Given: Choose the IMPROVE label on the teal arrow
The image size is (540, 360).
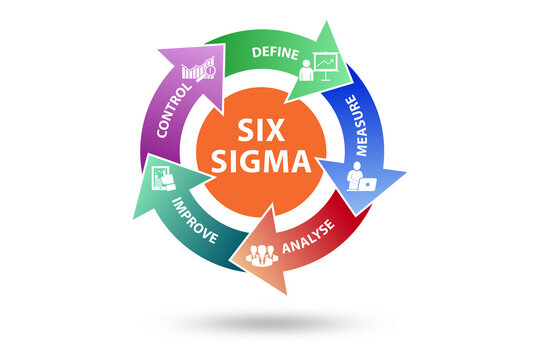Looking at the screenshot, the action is tap(195, 216).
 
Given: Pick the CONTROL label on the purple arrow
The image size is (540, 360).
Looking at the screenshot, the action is tap(164, 112).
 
